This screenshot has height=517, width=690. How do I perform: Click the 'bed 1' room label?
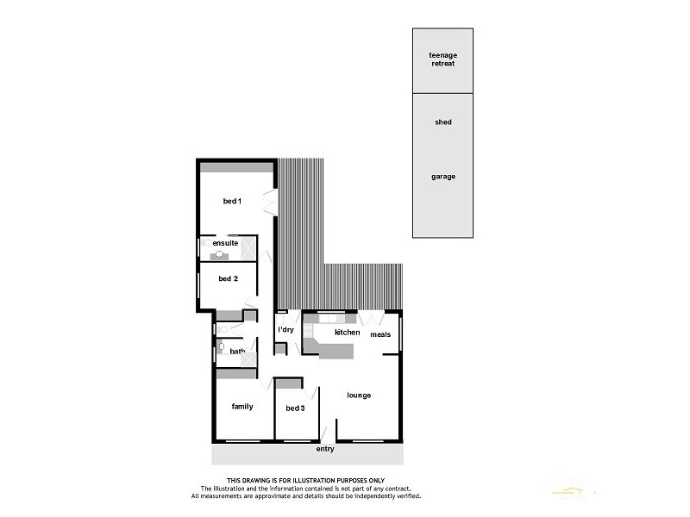232,201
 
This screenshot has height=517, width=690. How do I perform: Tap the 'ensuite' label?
226,243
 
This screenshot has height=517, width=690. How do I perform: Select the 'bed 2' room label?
228,278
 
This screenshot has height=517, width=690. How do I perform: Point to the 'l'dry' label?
286,330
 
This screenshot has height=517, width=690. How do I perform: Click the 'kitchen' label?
348,332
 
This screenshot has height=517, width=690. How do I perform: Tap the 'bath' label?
237,351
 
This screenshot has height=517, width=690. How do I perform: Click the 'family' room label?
242,406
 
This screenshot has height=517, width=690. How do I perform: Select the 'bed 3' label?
295,408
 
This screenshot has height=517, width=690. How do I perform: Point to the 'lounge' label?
359,396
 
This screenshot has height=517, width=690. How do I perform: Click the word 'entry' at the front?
324,449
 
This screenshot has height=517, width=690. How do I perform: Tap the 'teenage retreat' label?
442,59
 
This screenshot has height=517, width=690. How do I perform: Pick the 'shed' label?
442,122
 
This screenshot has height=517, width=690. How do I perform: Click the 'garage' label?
442,177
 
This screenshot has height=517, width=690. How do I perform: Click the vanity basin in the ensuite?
220,254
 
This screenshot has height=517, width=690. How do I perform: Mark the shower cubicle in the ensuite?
247,247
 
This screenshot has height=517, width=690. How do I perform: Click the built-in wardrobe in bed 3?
289,382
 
